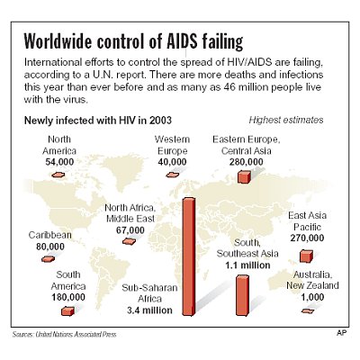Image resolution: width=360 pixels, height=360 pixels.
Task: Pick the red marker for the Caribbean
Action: (47, 259)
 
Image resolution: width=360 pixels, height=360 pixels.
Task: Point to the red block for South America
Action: (66, 310)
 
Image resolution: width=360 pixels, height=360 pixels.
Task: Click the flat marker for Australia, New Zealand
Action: (309, 310)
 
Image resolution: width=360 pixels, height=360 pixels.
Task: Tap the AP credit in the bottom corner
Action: (341, 334)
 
